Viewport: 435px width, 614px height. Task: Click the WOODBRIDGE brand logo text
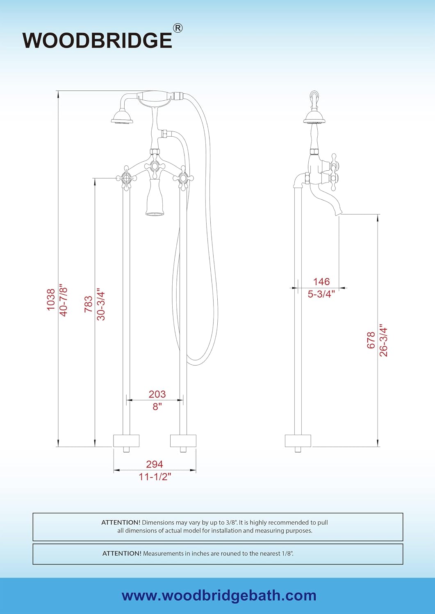(x=97, y=41)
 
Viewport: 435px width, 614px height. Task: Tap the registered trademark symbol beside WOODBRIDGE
(x=178, y=28)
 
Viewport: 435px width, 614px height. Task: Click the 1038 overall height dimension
(x=51, y=300)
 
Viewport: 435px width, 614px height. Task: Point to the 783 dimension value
(x=88, y=304)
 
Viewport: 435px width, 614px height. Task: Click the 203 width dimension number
(x=157, y=394)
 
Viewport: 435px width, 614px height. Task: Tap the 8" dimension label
(x=157, y=406)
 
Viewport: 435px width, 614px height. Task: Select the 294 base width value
(x=155, y=464)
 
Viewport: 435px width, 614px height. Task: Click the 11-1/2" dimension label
(x=155, y=477)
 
